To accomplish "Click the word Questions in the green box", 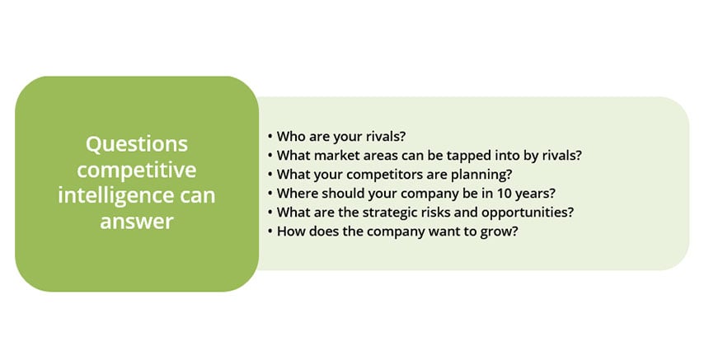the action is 137,145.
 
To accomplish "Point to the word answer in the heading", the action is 137,222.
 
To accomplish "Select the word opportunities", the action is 528,213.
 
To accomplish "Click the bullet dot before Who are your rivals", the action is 270,137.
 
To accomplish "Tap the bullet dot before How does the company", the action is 270,231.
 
